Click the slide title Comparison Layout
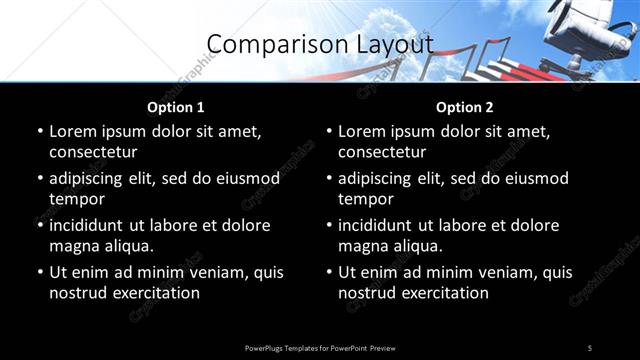tap(320, 44)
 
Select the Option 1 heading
tap(175, 107)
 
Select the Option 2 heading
tap(464, 107)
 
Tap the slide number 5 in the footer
tap(590, 347)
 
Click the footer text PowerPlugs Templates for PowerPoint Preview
tap(320, 347)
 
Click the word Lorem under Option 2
tap(362, 131)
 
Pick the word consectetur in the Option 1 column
tap(93, 152)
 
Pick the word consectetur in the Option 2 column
tap(382, 152)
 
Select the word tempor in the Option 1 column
tap(76, 199)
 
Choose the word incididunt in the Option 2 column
tap(382, 225)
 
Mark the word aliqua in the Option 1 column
tap(128, 246)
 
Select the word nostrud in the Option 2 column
tap(367, 293)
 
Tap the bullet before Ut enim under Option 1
tap(39, 272)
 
